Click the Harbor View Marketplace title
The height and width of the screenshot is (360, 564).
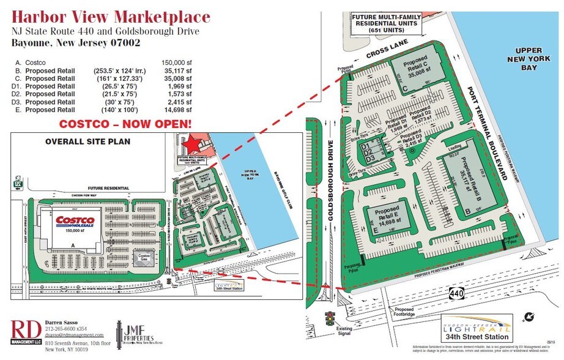pos(111,17)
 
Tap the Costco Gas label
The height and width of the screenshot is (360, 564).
pos(144,257)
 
